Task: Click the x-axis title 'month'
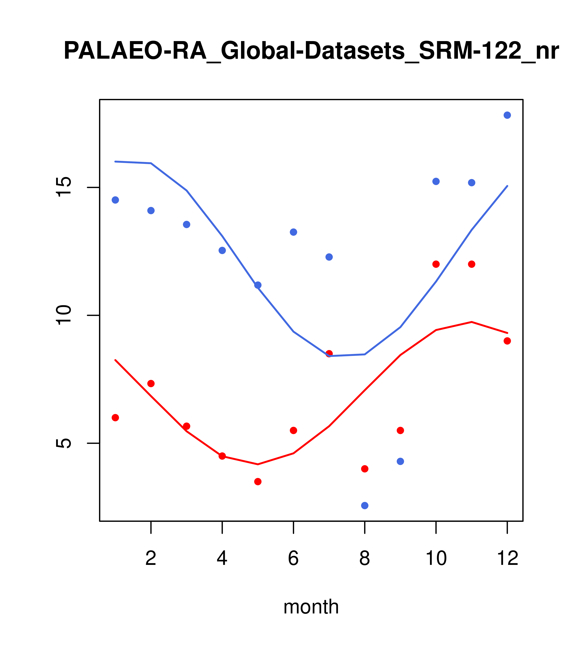point(311,607)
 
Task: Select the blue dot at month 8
point(365,506)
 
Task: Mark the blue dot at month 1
point(115,200)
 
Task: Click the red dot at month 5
point(258,482)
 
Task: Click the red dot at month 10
point(436,264)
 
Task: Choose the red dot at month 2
point(151,383)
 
